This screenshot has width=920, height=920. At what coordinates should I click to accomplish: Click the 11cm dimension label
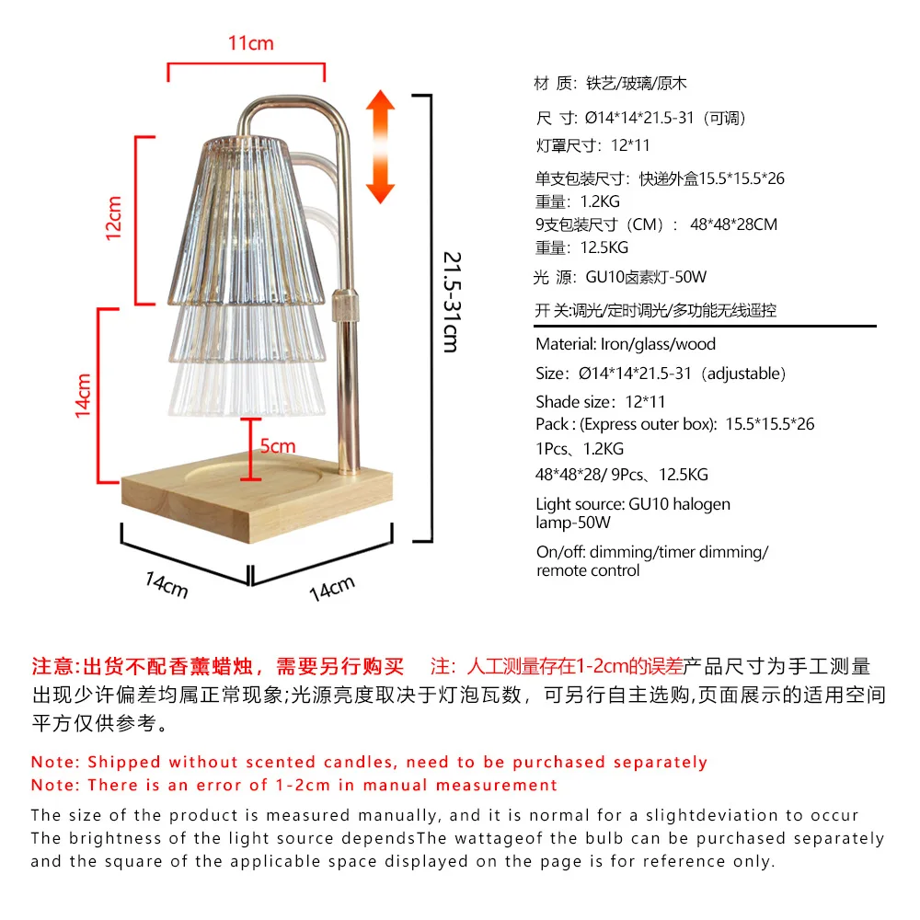tap(250, 43)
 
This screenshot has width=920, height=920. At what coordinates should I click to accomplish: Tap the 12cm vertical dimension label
tap(114, 218)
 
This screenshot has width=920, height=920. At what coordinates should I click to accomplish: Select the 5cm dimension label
tap(277, 446)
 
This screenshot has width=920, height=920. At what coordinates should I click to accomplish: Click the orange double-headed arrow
tap(380, 146)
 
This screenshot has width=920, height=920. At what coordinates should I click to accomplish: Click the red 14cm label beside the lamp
tap(84, 396)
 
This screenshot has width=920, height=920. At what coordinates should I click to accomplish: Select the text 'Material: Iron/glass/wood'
tap(626, 344)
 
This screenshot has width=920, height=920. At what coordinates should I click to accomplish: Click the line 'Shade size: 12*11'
tap(601, 401)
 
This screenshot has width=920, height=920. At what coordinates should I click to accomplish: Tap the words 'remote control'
tap(588, 570)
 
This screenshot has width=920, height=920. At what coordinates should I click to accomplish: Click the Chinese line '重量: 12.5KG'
tap(581, 247)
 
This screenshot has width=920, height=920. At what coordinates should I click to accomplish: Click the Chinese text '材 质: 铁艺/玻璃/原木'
tap(611, 84)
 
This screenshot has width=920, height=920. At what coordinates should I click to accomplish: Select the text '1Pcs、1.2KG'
tap(580, 449)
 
